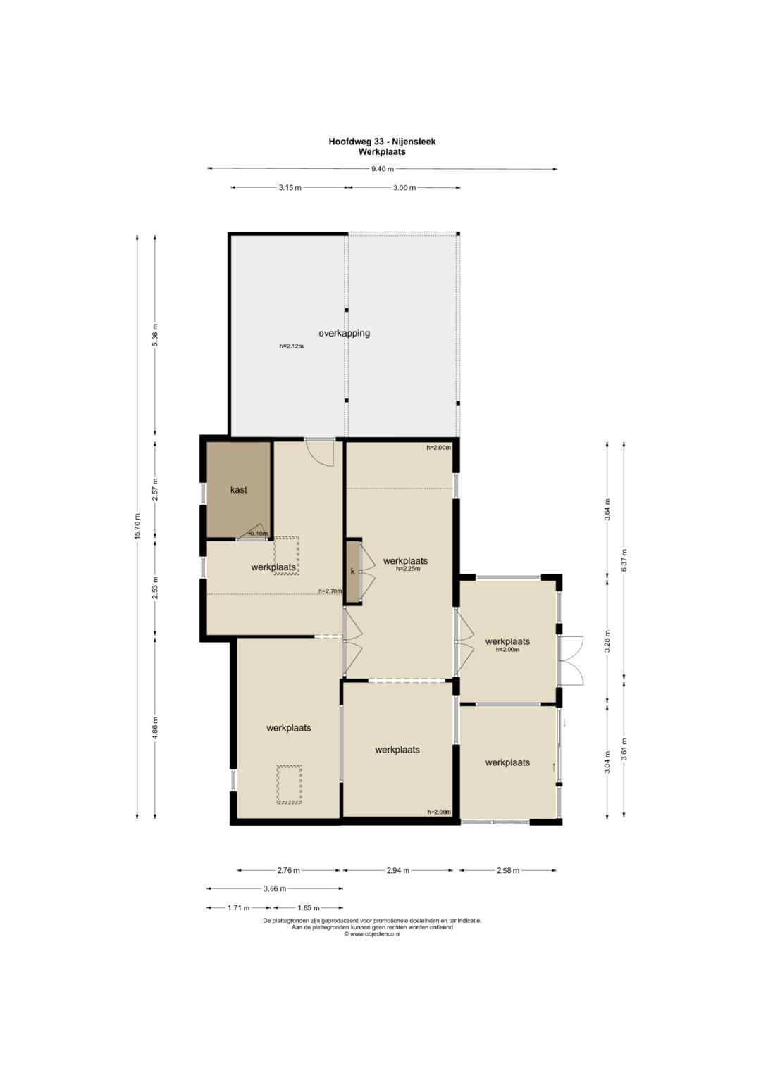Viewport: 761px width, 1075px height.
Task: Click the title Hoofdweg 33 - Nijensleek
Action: (382, 142)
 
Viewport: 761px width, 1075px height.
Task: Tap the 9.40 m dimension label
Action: (383, 168)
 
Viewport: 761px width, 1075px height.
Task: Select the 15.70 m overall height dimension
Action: (137, 527)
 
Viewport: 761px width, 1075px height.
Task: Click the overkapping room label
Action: (344, 333)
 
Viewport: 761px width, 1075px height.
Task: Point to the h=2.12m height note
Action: (292, 346)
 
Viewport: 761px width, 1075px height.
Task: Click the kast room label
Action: (239, 489)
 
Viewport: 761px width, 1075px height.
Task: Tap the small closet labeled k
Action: (353, 572)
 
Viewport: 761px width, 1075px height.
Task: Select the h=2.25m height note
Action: (408, 569)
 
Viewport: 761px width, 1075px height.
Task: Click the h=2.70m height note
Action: (330, 591)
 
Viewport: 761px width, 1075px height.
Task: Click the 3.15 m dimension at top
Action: (290, 188)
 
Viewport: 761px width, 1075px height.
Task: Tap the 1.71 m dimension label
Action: (239, 908)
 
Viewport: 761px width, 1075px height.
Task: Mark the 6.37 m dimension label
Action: (624, 560)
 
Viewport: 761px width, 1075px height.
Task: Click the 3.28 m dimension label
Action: (607, 641)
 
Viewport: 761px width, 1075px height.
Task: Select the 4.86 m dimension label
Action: (155, 728)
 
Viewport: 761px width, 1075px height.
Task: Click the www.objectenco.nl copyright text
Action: (372, 934)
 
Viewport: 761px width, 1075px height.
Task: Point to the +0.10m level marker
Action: (258, 534)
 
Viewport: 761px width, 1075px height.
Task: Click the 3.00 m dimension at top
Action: (404, 188)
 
